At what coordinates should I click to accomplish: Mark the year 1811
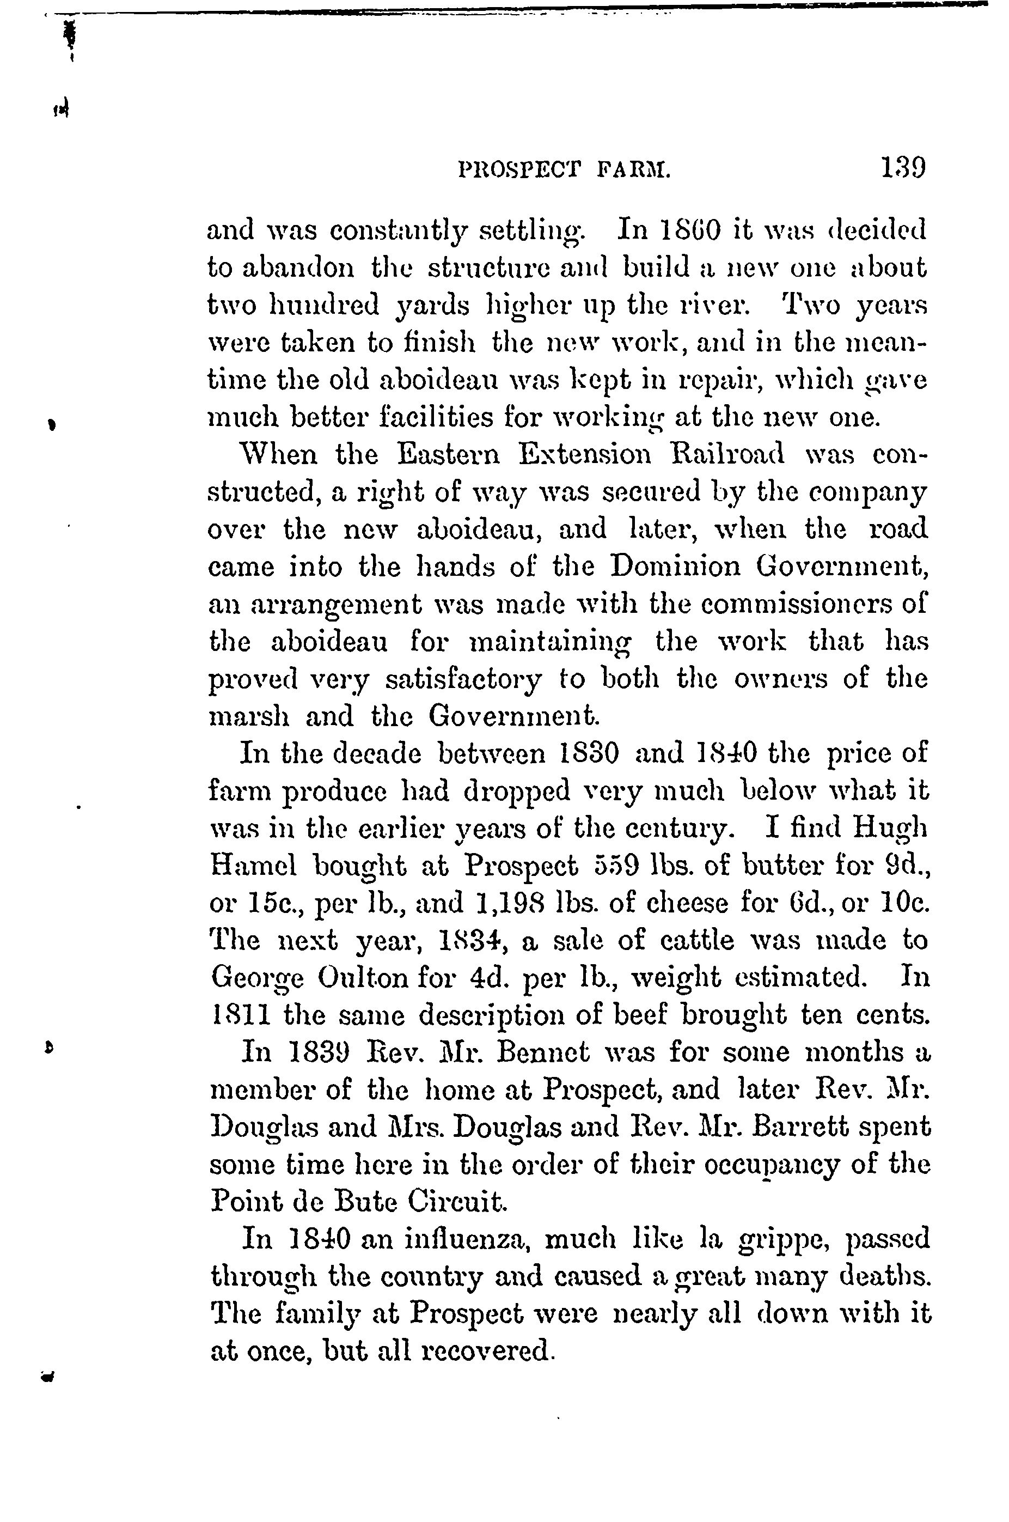[241, 1015]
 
